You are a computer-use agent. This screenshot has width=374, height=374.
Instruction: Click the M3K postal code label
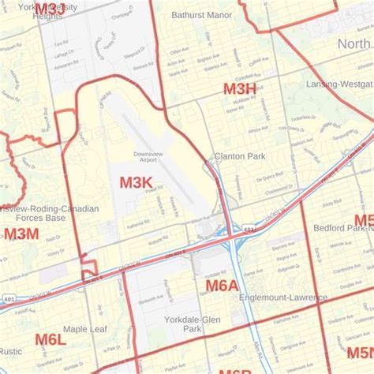tap(136, 183)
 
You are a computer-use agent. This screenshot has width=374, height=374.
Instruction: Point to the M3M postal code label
tap(21, 234)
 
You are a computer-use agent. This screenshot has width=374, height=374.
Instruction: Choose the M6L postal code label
tap(50, 339)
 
